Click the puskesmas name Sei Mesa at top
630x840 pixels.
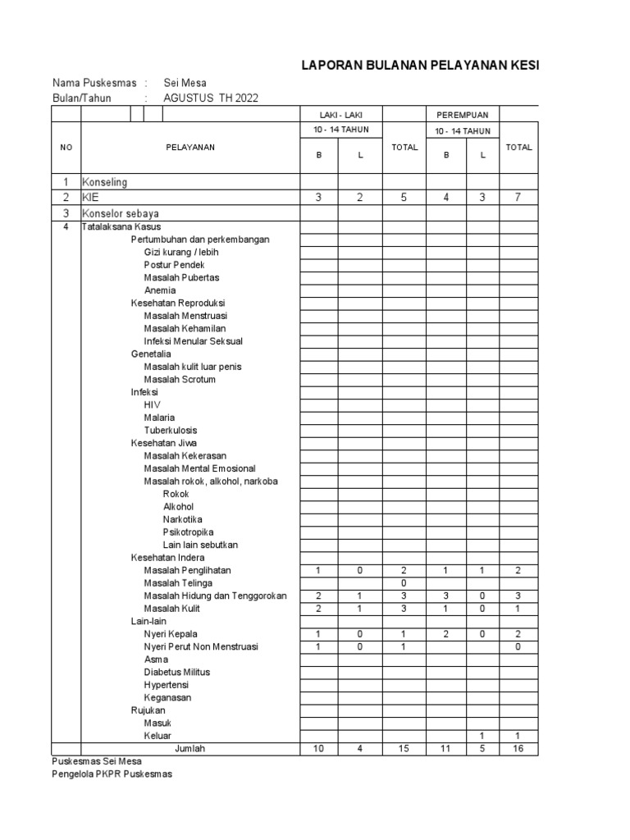coord(185,83)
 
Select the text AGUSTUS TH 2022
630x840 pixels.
coord(211,98)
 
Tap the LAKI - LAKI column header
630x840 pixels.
coord(340,115)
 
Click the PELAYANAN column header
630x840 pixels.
coord(189,147)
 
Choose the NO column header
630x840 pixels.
coord(66,147)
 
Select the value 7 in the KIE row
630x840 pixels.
coord(518,198)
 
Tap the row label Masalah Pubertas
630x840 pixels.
coord(181,277)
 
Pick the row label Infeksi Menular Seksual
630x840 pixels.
coord(194,340)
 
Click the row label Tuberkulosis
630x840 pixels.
coord(171,430)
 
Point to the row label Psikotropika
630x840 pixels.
coord(189,532)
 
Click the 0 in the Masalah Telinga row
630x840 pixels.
coord(404,582)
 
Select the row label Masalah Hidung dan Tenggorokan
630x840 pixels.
coord(215,596)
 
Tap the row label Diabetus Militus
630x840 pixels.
coord(177,672)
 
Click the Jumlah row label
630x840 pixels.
coord(189,748)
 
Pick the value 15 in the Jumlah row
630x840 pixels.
coord(404,748)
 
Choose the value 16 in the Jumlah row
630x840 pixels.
coord(518,748)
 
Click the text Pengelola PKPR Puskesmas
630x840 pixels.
coord(112,774)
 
